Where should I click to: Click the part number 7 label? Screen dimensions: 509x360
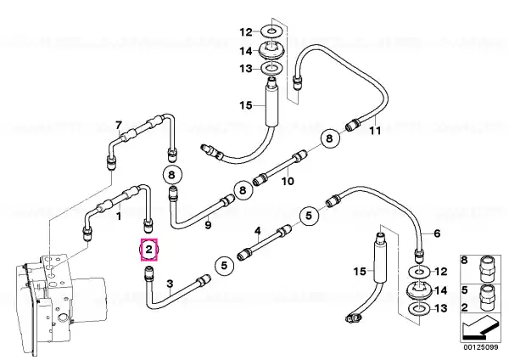click(x=119, y=125)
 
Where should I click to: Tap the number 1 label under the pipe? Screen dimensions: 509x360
click(x=119, y=216)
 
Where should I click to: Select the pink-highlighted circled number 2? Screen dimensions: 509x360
click(x=148, y=250)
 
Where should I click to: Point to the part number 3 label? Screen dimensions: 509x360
click(x=171, y=284)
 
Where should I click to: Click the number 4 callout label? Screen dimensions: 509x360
click(x=257, y=231)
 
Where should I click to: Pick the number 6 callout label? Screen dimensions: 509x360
click(x=437, y=233)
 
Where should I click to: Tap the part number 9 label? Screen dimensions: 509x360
click(x=208, y=224)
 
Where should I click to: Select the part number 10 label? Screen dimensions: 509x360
click(x=288, y=181)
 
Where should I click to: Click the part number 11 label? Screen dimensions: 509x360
click(x=375, y=131)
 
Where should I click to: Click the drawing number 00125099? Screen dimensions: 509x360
click(x=480, y=347)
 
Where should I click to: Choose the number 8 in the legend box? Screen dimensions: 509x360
click(x=465, y=261)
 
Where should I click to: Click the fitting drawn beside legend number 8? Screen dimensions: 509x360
click(x=486, y=268)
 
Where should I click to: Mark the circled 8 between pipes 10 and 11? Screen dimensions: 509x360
click(x=329, y=138)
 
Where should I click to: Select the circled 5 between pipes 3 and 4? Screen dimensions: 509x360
click(x=224, y=266)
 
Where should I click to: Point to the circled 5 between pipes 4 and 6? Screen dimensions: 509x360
click(x=309, y=216)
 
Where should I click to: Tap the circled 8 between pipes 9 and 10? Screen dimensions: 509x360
click(x=243, y=189)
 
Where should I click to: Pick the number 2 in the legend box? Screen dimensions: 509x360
click(x=465, y=307)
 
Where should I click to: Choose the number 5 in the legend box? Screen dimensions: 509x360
click(x=465, y=290)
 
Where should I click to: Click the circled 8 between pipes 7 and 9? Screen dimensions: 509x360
click(x=171, y=175)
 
